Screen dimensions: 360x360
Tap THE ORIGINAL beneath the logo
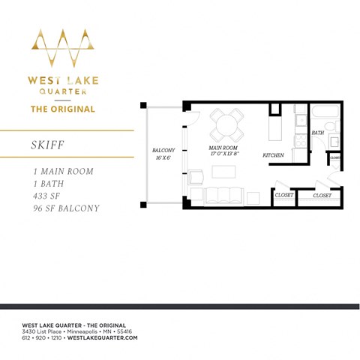pos(62,109)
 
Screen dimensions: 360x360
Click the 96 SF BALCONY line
pos(61,208)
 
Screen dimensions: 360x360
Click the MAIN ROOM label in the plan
pos(224,148)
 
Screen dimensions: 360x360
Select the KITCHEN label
pos(273,155)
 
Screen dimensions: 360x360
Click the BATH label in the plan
pos(318,133)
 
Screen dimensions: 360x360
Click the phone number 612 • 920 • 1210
pos(43,338)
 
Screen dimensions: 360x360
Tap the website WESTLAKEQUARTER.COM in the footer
pos(102,338)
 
